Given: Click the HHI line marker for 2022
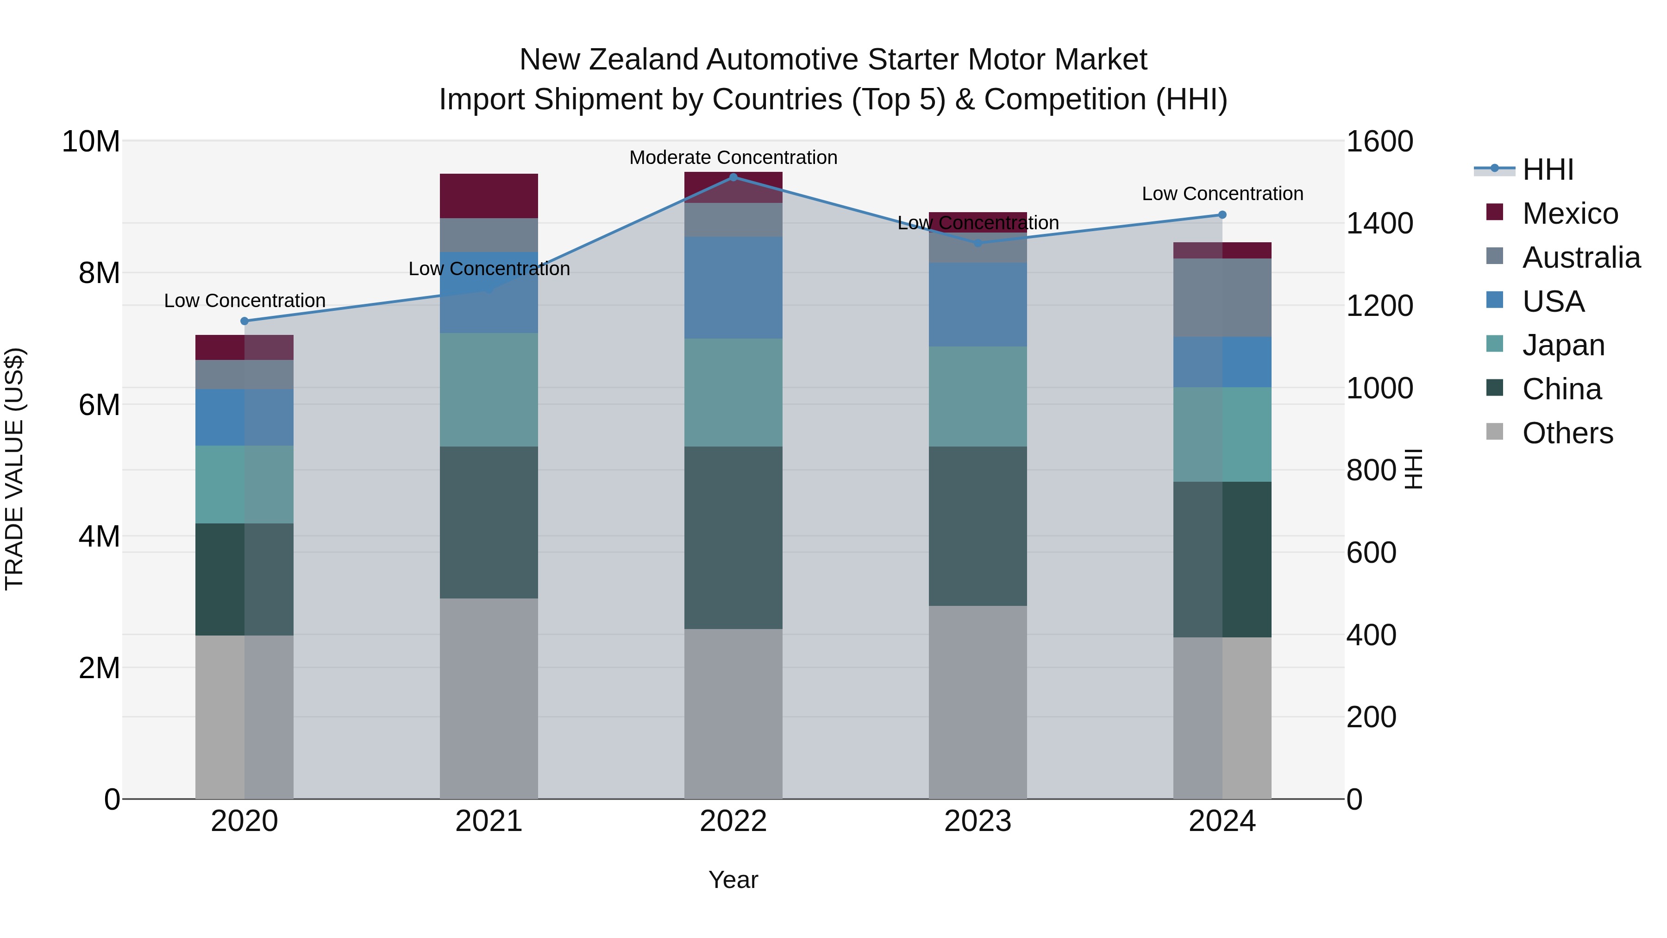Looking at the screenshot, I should click(x=733, y=177).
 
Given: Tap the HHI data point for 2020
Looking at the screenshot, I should click(x=244, y=321).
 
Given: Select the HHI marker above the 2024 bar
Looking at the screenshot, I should click(x=1222, y=215).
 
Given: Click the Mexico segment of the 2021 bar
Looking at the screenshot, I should click(x=489, y=195).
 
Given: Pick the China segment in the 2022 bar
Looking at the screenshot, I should click(x=733, y=537).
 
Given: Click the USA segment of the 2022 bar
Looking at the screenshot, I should click(x=733, y=287).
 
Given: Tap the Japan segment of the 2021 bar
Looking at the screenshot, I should click(x=489, y=390).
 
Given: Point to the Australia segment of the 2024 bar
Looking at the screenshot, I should click(x=1222, y=298).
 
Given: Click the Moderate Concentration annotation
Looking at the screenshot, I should click(x=733, y=158).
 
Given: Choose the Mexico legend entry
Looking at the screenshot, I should click(x=1570, y=214).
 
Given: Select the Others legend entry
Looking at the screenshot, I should click(x=1567, y=433).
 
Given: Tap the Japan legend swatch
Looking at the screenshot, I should click(x=1495, y=344).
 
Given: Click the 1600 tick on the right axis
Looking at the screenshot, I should click(x=1380, y=142).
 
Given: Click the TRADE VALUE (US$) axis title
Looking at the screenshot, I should click(x=14, y=469).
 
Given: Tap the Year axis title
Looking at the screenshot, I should click(x=733, y=880).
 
